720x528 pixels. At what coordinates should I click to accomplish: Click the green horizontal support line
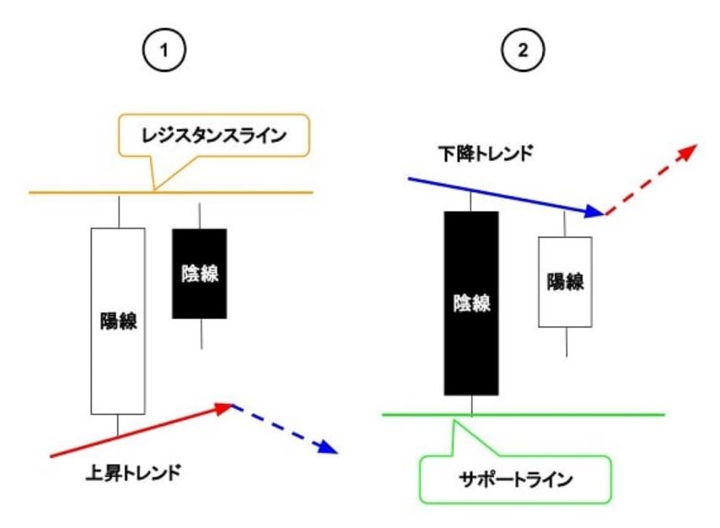tap(590, 414)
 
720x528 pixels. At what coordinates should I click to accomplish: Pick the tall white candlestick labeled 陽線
tap(117, 321)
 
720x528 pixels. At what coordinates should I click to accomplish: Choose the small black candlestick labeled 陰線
tap(200, 273)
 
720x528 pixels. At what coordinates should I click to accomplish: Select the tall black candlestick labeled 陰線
tap(471, 303)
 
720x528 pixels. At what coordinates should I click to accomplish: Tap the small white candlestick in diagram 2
tap(565, 282)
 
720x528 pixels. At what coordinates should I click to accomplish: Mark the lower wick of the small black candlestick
tap(201, 333)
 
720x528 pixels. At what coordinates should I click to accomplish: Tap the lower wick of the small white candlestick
tap(566, 342)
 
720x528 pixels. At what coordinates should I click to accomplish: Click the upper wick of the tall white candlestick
tap(118, 211)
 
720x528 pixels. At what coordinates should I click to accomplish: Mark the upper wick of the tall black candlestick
tap(471, 202)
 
